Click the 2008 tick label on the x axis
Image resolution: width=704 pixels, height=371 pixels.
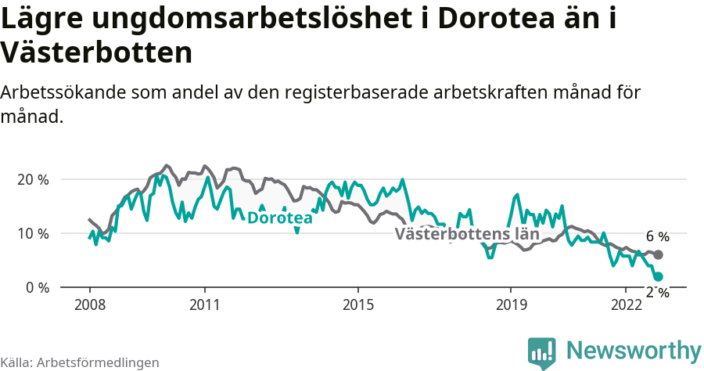[x=89, y=304]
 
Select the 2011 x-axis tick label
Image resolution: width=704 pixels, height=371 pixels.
[x=204, y=304]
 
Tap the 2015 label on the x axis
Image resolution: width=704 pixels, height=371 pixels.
[x=357, y=304]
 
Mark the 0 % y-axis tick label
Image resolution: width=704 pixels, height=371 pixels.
[x=37, y=287]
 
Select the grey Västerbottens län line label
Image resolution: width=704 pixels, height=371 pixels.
[x=467, y=234]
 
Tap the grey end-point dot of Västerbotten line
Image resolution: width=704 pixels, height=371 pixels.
[x=658, y=255]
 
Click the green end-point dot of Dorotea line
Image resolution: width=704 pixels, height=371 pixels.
[x=658, y=276]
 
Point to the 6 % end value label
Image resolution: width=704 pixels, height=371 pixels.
[x=657, y=236]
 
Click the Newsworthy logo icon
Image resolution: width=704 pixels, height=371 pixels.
[x=542, y=352]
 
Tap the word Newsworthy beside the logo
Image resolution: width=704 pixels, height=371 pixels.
[x=634, y=350]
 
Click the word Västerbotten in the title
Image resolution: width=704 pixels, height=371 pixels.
[x=96, y=53]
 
